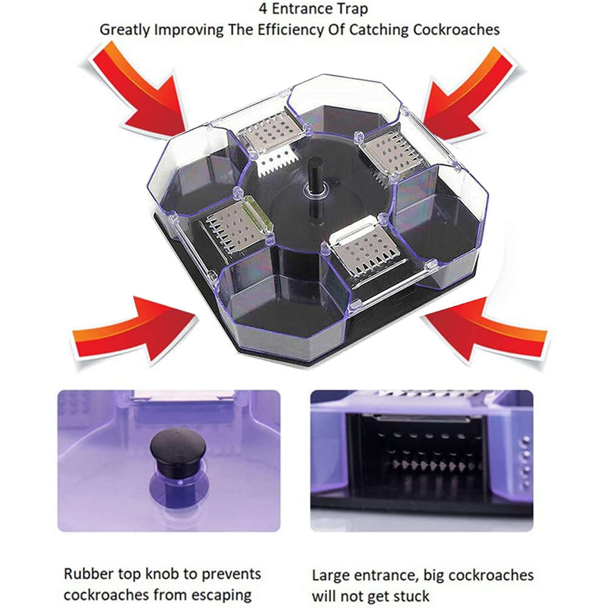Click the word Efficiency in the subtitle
278,29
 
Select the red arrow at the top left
141,91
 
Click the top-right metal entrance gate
389,152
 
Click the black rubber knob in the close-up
178,453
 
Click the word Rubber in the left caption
86,573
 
